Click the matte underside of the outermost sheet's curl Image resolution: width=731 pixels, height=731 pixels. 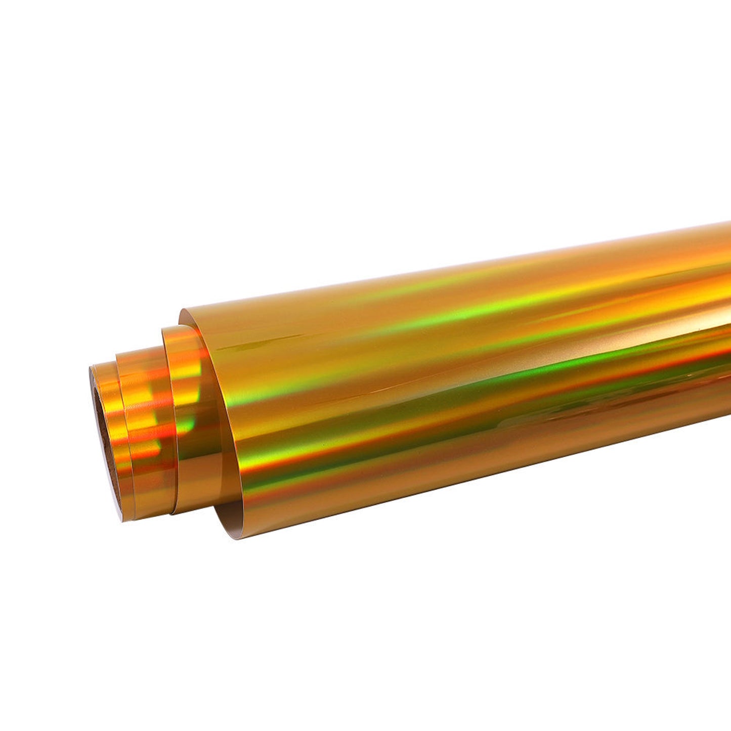223,501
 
